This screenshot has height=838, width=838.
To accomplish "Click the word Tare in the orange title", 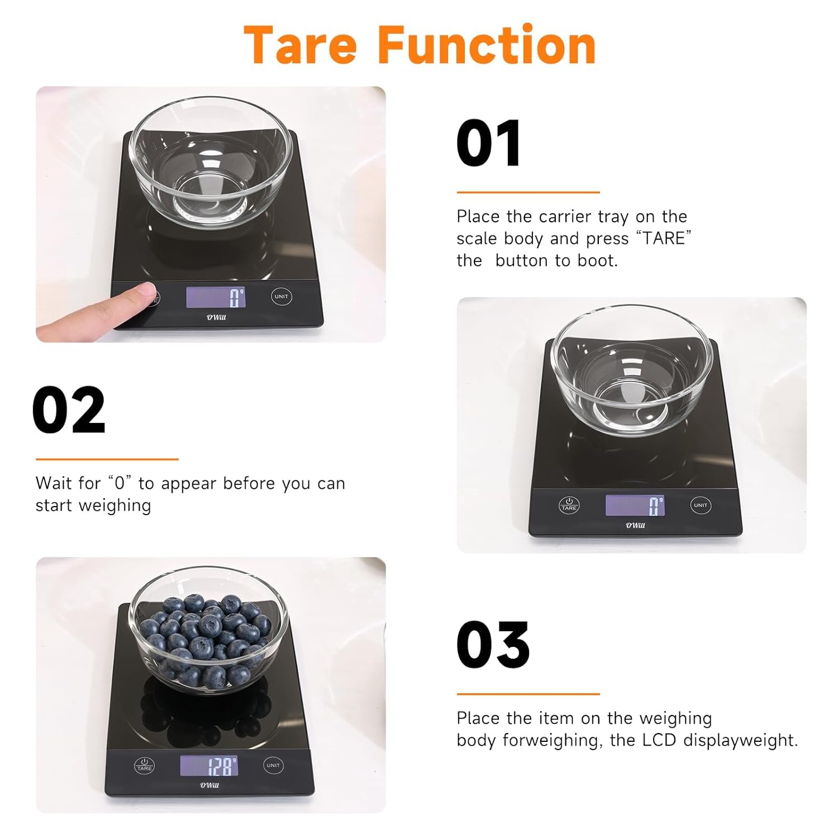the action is (301, 45).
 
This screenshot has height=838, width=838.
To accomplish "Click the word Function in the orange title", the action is (487, 45).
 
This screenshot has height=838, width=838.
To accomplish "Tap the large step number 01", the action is (489, 143).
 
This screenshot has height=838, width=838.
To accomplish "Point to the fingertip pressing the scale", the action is (146, 291).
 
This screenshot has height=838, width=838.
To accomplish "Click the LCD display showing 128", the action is (209, 765).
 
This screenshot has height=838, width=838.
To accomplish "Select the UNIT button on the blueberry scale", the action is (273, 765).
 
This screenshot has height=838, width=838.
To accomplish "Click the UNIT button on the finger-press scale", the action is (281, 296).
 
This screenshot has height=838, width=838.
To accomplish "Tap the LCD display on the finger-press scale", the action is (216, 297).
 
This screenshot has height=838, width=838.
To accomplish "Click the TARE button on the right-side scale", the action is (569, 505).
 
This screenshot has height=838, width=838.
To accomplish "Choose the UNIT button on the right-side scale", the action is (701, 505).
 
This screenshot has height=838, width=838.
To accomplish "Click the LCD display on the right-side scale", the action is (635, 505).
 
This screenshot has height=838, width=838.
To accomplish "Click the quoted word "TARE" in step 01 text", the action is (664, 238).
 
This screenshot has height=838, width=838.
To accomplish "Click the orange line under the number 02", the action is (107, 459).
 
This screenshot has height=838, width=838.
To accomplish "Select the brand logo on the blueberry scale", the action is (209, 785).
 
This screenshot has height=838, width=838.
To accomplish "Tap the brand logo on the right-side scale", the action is (635, 525).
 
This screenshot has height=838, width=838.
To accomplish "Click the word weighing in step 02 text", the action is (115, 506).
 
